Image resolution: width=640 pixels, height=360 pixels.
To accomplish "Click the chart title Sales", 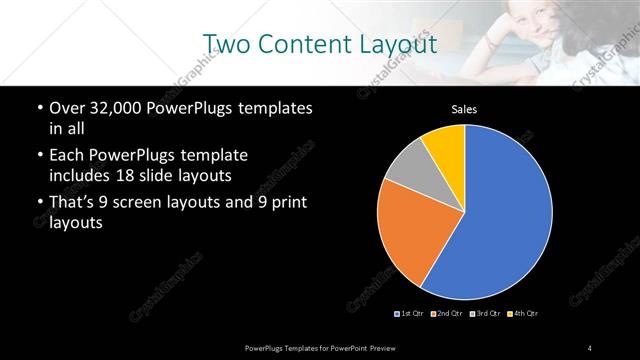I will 465,109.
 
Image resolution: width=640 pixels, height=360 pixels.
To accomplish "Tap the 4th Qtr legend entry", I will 523,314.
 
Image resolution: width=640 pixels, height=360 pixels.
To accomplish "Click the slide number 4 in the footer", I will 590,347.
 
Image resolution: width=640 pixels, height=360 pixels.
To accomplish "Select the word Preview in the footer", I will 398,347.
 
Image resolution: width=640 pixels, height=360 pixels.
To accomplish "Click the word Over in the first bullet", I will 67,108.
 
